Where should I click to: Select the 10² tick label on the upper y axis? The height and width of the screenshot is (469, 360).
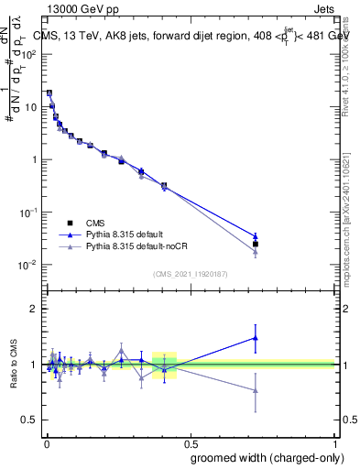[x=29, y=54]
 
